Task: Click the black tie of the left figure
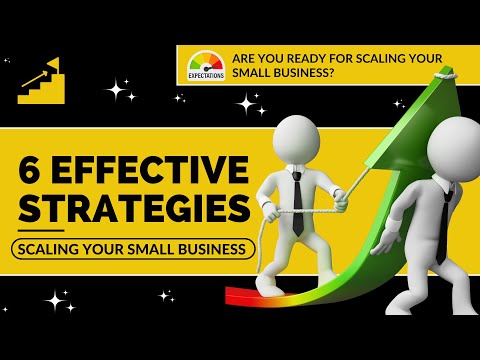297,205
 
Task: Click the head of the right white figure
455,148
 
